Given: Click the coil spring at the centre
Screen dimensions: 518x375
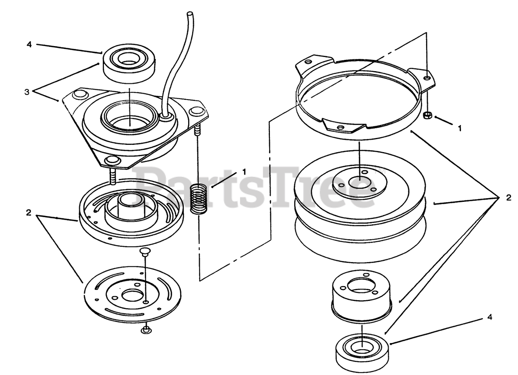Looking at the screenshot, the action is tap(198, 199).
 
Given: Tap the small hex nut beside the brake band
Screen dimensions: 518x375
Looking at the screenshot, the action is tap(427, 115).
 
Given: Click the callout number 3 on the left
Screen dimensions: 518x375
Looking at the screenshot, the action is tap(27, 92).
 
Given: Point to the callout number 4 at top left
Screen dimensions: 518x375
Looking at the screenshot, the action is tap(29, 44).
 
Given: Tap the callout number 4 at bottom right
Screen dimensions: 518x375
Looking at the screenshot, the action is tap(490, 318).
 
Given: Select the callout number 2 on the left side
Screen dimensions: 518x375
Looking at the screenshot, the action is tap(28, 213).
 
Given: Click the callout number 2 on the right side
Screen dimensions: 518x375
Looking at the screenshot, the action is tap(509, 198).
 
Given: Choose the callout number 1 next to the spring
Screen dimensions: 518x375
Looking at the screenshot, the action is tap(244, 172).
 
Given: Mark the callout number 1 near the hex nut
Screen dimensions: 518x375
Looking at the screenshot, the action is tap(460, 128).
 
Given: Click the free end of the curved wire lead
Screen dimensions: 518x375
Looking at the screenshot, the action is tap(190, 14).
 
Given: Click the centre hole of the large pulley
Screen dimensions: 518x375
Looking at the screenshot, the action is tap(360, 182).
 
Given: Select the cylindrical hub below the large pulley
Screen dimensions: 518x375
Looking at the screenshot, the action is tap(361, 297).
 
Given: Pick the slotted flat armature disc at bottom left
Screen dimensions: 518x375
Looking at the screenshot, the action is tap(132, 294).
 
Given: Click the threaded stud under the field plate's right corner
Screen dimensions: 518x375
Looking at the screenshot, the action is tap(197, 129).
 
